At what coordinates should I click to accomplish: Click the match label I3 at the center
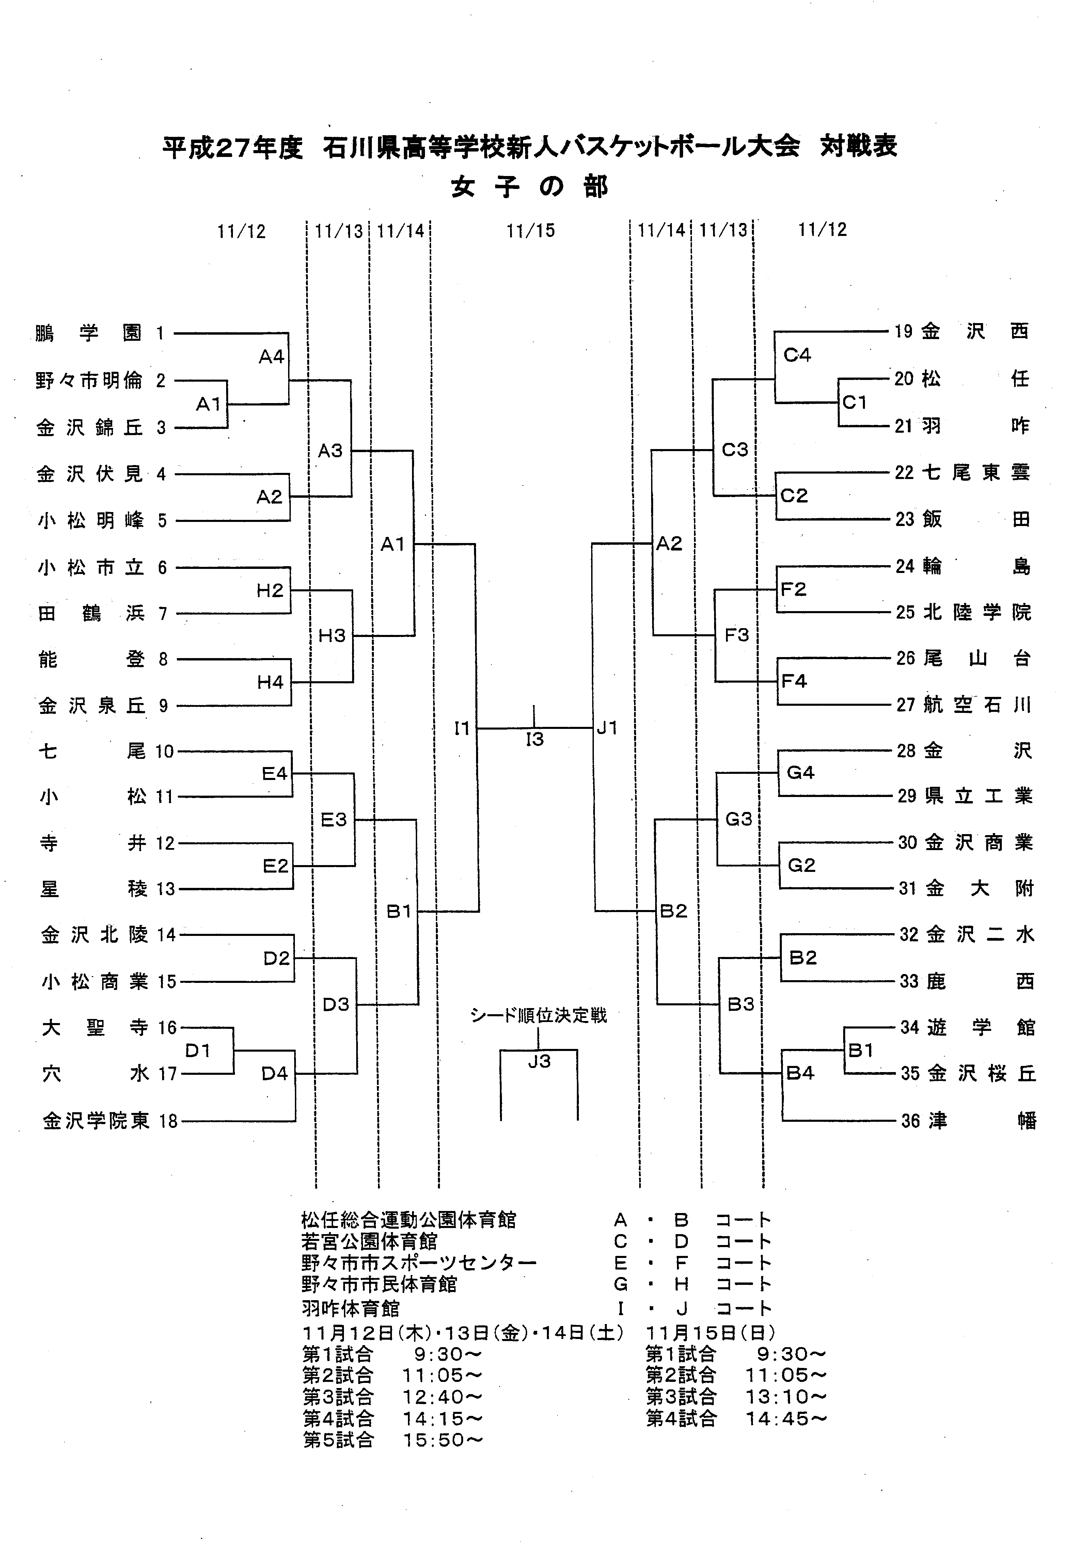coord(535,739)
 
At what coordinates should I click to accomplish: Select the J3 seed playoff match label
coord(539,1061)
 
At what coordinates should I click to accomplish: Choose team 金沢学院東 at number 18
coord(96,1121)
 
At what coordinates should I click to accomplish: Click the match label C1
coord(854,402)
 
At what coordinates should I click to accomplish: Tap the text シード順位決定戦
coord(538,1016)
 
